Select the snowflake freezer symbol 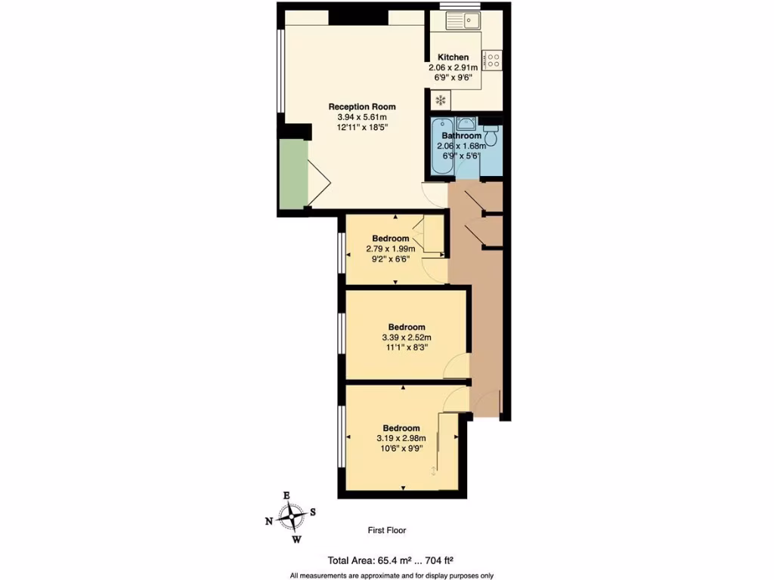pos(440,100)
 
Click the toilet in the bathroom pos(491,136)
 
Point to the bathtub pos(441,147)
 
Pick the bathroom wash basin pos(466,123)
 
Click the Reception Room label pos(361,106)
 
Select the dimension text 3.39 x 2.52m pos(407,338)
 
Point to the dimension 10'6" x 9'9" pos(401,449)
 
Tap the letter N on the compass pos(269,521)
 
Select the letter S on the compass pos(313,511)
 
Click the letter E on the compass pos(286,495)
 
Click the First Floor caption pos(386,530)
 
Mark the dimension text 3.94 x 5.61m pos(362,117)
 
